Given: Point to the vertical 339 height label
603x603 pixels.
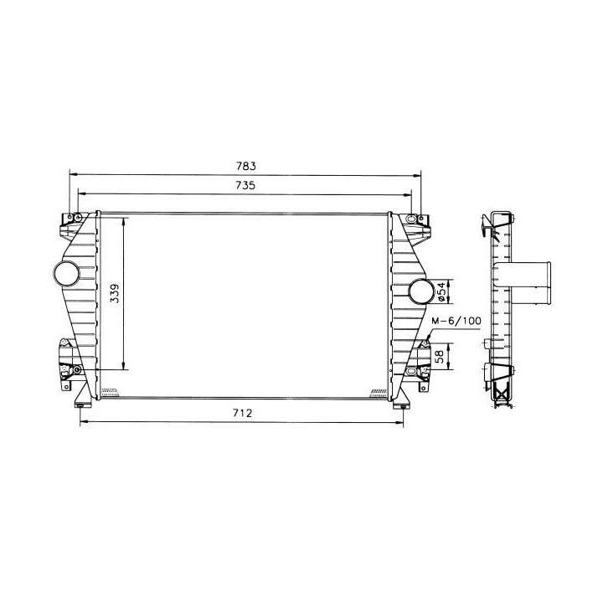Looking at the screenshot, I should tap(116, 293).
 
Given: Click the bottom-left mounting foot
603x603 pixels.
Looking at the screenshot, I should tap(81, 399).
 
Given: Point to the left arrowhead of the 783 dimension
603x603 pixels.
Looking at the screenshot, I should tap(72, 174).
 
